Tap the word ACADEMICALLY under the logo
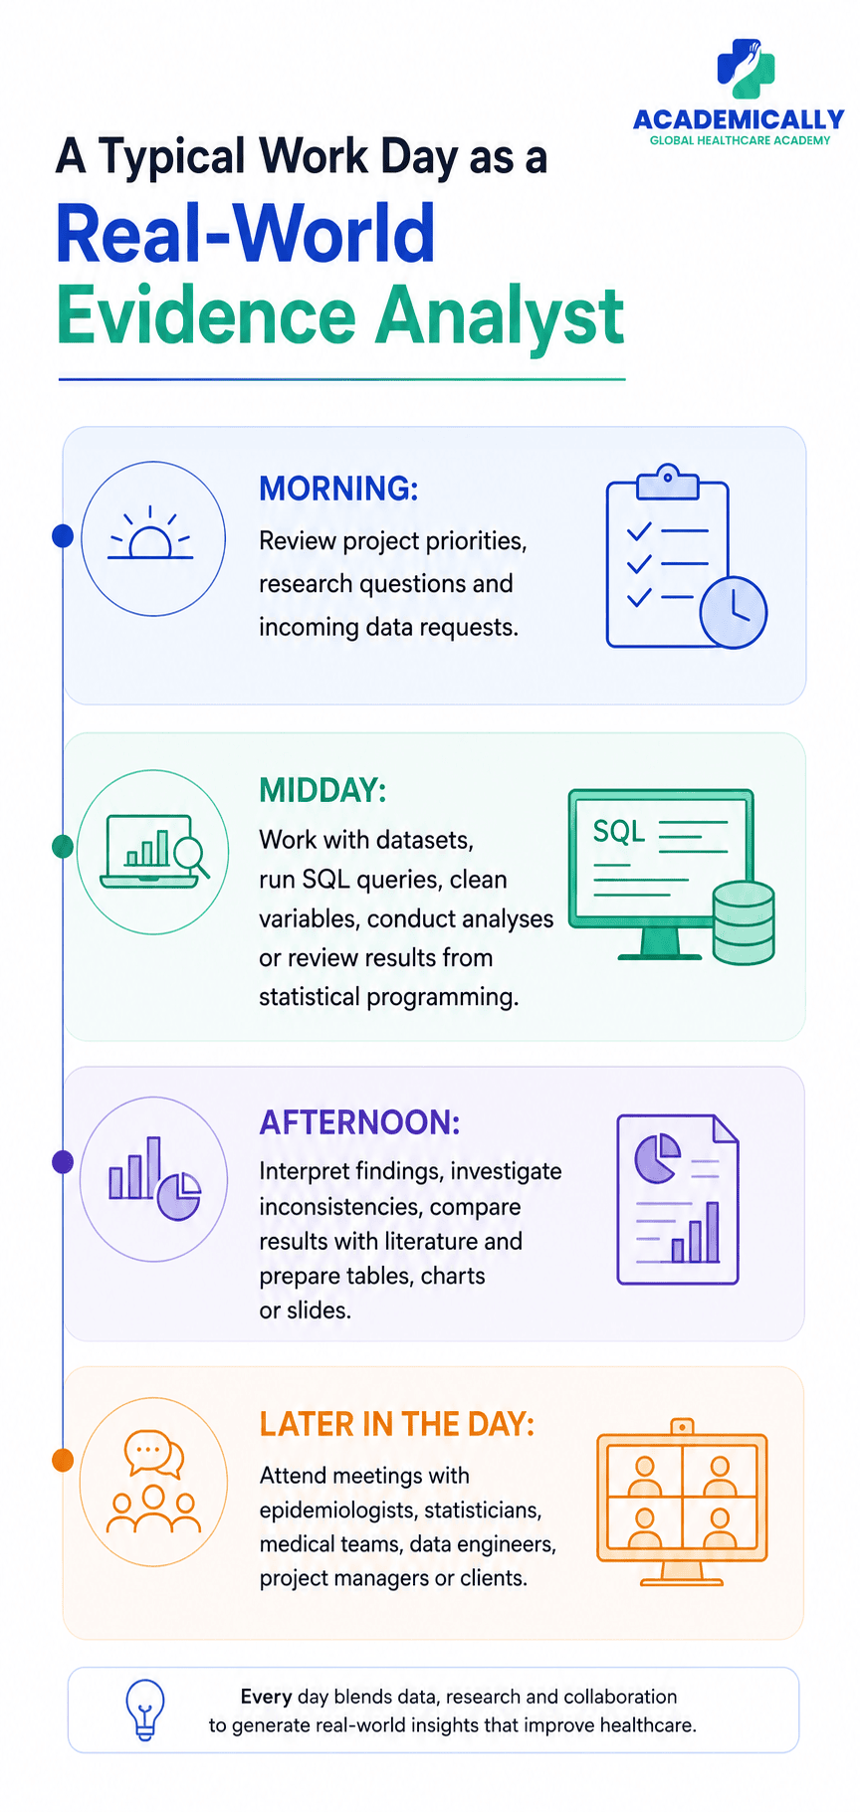point(739,120)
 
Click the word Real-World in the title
point(246,234)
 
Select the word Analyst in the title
point(500,315)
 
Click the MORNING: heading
point(338,489)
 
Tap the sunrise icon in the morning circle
point(150,533)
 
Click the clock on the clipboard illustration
point(734,612)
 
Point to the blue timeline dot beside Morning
point(63,536)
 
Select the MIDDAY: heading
point(322,790)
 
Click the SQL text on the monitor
point(619,832)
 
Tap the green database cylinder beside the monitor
point(744,922)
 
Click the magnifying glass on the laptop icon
point(191,857)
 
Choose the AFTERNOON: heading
point(360,1122)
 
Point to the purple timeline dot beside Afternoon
point(63,1161)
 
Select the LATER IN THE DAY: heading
point(397,1425)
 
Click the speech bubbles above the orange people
point(154,1454)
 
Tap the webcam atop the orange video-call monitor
point(682,1427)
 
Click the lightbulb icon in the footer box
point(145,1709)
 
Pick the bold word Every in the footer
point(266,1698)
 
